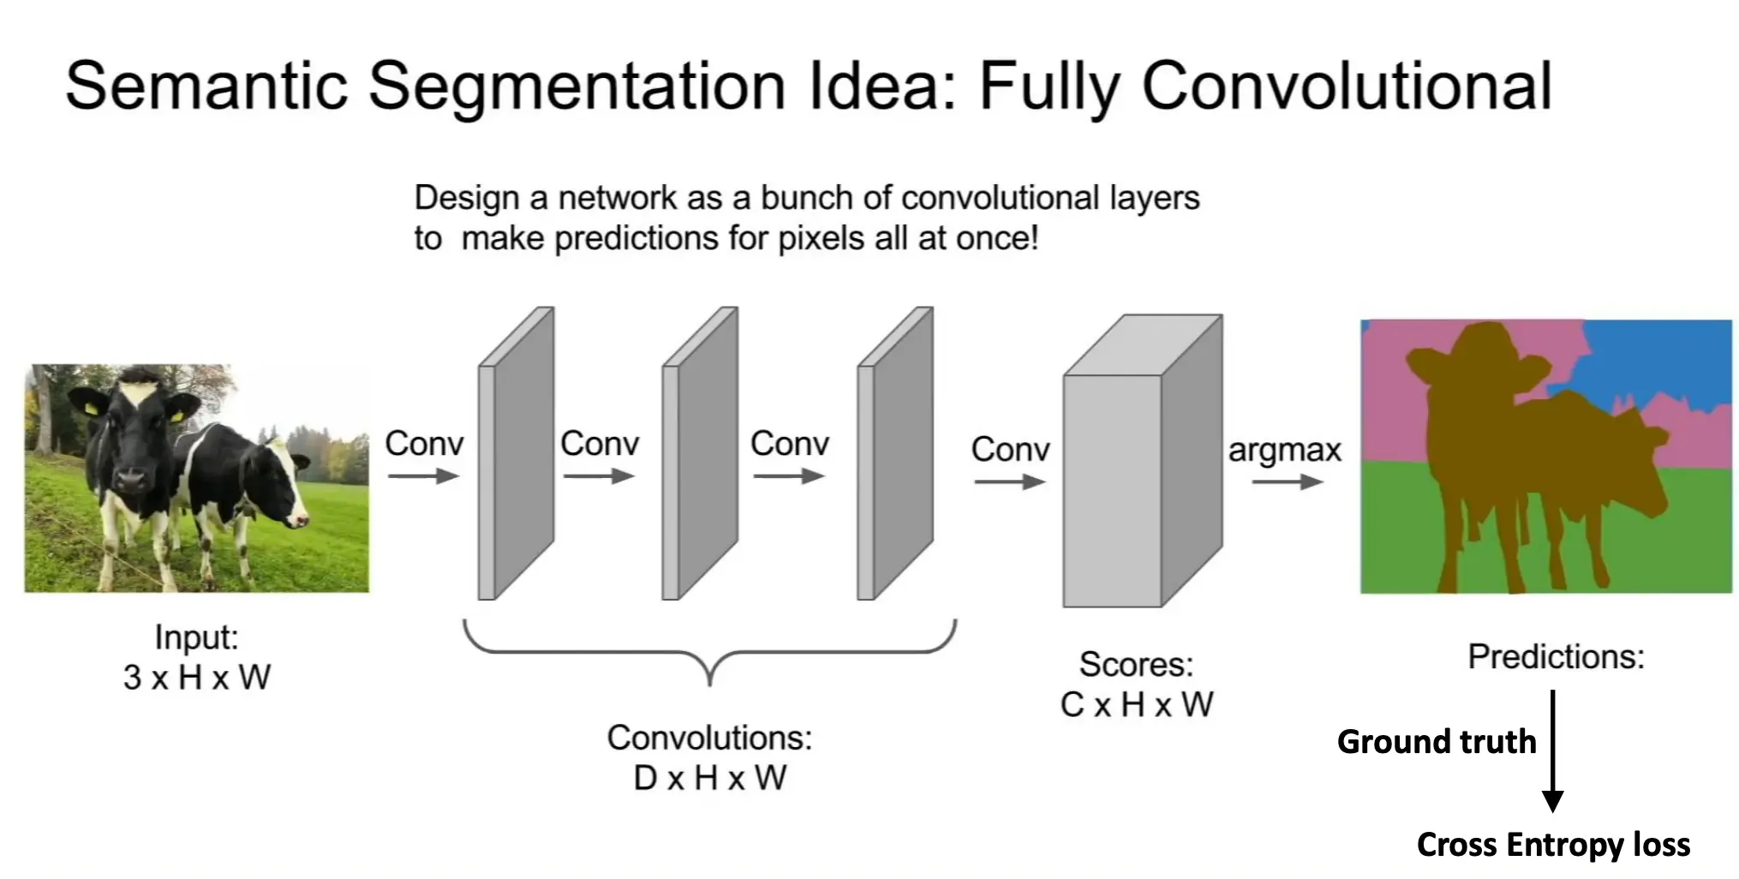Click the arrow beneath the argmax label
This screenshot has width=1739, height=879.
(x=1288, y=482)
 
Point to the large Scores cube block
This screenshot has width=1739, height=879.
(x=1143, y=462)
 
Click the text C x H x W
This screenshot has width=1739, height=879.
(x=1137, y=705)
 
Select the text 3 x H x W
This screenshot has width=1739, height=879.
(x=197, y=678)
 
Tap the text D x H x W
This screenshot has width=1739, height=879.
(x=709, y=778)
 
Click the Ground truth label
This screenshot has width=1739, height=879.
(x=1437, y=742)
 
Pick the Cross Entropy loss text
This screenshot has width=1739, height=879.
(x=1553, y=845)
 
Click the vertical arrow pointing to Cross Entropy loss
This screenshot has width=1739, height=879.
(x=1552, y=751)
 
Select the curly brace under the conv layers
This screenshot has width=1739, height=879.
(x=709, y=651)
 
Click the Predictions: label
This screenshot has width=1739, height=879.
(x=1556, y=657)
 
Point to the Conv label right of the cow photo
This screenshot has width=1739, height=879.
(x=424, y=444)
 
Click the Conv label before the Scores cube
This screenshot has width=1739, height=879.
(x=1010, y=450)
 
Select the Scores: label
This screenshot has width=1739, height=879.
(x=1136, y=665)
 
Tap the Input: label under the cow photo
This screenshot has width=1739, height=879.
(x=196, y=637)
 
